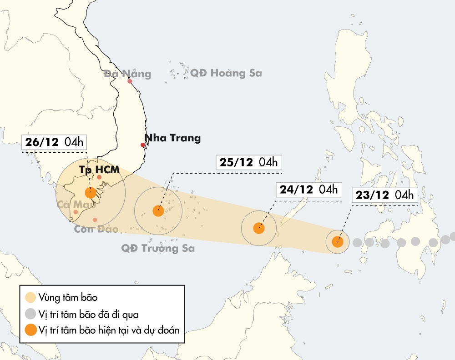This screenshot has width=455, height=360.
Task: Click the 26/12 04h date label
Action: pyautogui.click(x=54, y=142)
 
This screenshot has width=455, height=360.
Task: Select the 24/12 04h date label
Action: pyautogui.click(x=308, y=190)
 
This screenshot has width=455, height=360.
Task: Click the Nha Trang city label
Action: pyautogui.click(x=172, y=138)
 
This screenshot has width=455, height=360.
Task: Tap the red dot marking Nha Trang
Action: pyautogui.click(x=143, y=145)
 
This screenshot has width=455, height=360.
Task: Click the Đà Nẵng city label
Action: pyautogui.click(x=127, y=74)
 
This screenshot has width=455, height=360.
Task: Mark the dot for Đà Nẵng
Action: pyautogui.click(x=130, y=81)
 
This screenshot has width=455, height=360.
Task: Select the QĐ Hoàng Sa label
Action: pyautogui.click(x=226, y=73)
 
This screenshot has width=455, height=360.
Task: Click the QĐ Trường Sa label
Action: pyautogui.click(x=158, y=248)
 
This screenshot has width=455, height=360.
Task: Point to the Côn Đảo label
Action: pyautogui.click(x=96, y=229)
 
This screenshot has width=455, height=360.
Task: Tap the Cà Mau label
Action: pyautogui.click(x=76, y=205)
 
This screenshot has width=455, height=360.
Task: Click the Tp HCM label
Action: pyautogui.click(x=99, y=170)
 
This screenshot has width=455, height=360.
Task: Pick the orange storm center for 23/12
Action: pyautogui.click(x=338, y=242)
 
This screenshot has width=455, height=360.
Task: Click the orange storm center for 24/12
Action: pyautogui.click(x=259, y=228)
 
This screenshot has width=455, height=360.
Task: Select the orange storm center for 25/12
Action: pyautogui.click(x=158, y=211)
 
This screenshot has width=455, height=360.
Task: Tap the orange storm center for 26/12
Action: pyautogui.click(x=91, y=193)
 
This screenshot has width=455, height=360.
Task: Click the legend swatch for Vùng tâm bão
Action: pyautogui.click(x=30, y=298)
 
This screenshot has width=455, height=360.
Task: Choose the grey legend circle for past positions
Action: pyautogui.click(x=30, y=314)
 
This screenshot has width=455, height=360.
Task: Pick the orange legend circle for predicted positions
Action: pyautogui.click(x=30, y=330)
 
